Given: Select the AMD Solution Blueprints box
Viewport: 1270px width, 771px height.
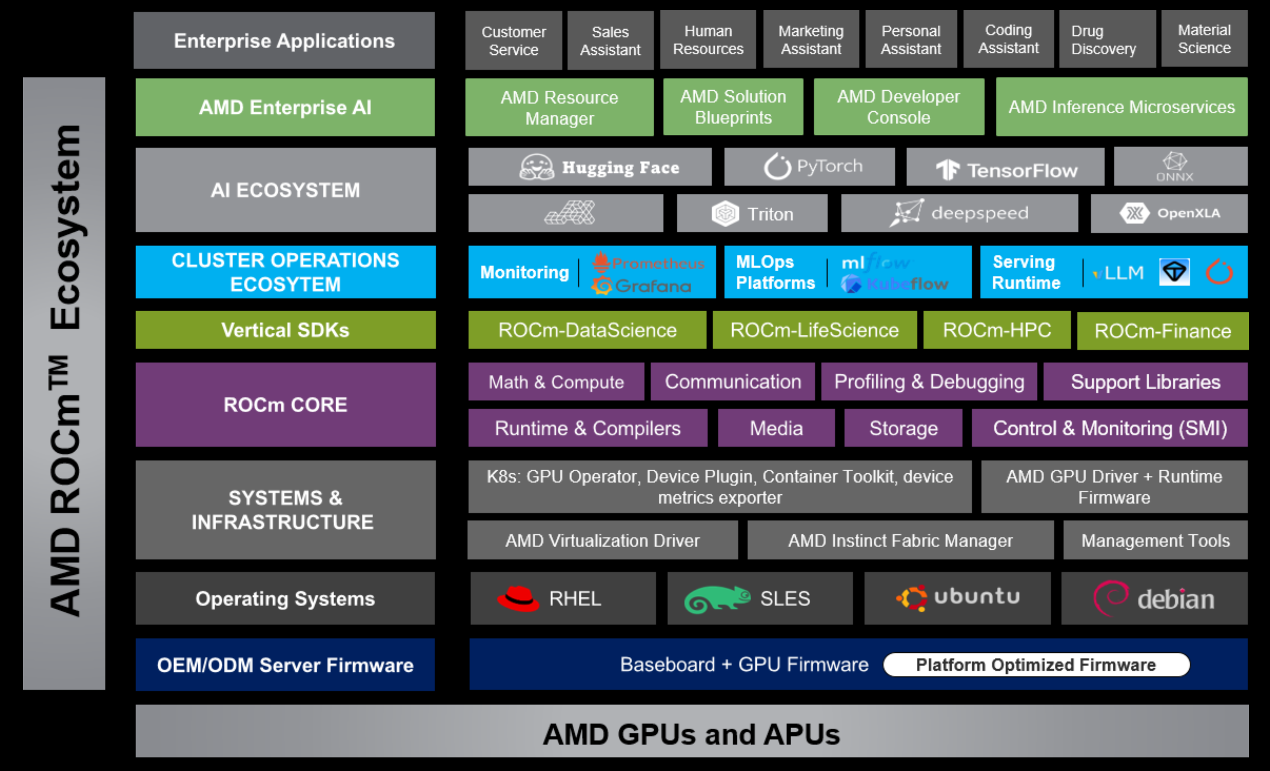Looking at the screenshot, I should tap(733, 107).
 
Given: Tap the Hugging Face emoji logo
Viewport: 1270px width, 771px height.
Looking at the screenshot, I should tap(537, 167).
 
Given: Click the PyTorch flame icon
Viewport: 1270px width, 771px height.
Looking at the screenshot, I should tap(777, 167).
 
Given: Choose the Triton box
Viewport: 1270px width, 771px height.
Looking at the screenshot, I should tap(752, 214).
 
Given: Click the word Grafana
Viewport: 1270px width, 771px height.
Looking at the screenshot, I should tap(653, 285).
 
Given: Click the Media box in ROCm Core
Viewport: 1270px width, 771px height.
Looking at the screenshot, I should tap(776, 428).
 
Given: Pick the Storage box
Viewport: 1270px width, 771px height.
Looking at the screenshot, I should tap(903, 428).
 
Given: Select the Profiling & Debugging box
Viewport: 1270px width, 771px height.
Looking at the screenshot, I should tap(929, 382).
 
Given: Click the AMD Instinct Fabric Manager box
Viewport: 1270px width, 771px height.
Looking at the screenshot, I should tap(900, 540).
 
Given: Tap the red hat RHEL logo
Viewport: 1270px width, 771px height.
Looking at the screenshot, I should tap(518, 598).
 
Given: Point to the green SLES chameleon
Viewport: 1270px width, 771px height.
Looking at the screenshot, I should tap(716, 599).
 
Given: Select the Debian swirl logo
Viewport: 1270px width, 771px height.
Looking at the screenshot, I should tap(1110, 598).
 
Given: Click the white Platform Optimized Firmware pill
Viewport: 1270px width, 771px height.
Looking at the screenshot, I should tap(1036, 665).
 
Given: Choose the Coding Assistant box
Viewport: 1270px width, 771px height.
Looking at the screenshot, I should tap(1008, 39).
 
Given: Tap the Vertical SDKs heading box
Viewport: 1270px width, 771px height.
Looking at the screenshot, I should tap(285, 330).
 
